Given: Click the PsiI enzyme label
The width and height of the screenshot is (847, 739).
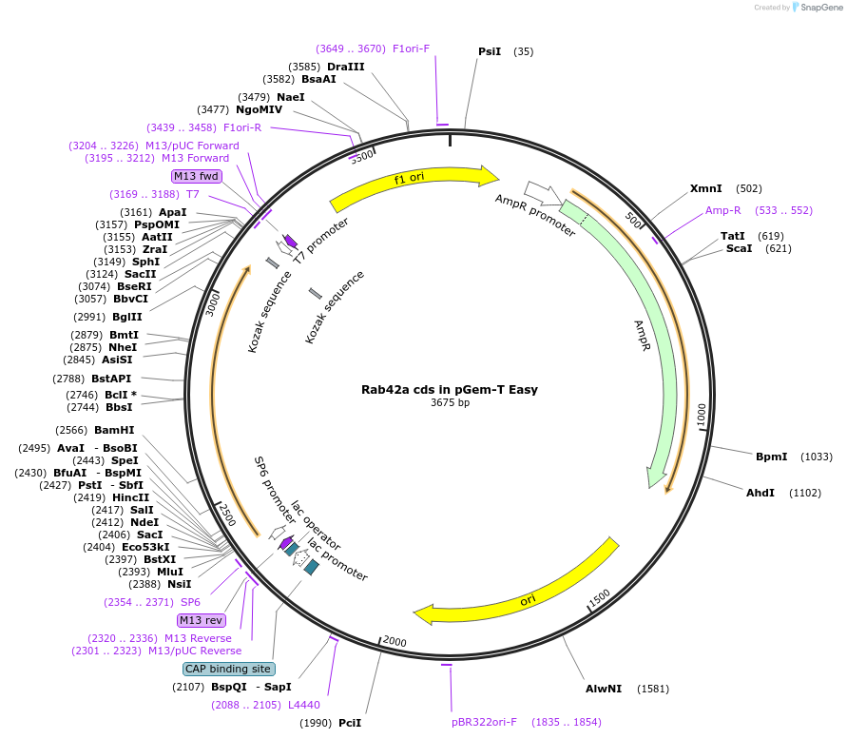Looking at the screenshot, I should click(490, 51).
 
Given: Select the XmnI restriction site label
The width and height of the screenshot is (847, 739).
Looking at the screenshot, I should click(706, 188).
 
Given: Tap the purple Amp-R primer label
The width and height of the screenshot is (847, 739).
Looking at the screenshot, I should click(722, 210).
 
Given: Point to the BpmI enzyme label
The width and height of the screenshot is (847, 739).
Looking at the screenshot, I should click(771, 457).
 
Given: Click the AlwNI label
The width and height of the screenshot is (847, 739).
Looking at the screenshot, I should click(604, 688).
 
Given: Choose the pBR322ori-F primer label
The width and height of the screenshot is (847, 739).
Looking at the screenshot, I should click(484, 722).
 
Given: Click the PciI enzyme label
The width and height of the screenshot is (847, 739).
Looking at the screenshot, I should click(350, 723).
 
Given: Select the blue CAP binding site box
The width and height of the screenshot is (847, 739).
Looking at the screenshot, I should click(229, 669).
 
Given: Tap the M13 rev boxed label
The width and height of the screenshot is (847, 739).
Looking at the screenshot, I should click(201, 620).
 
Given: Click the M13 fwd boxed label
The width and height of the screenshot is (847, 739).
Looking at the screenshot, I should click(196, 176).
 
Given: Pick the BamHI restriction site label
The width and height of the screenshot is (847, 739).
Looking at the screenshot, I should click(114, 430).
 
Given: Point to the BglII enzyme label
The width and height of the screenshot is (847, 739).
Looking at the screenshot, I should click(126, 317).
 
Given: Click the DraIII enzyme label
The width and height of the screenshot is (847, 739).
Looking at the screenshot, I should click(345, 67).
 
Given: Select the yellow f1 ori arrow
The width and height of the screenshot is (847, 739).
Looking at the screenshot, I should click(414, 186).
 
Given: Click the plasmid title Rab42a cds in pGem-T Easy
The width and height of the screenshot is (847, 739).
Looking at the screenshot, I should click(450, 389).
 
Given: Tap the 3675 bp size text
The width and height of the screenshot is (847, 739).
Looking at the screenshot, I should click(450, 402).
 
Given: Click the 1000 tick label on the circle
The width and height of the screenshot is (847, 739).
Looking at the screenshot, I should click(701, 415).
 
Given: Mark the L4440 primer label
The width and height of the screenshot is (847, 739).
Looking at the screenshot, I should click(305, 705).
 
